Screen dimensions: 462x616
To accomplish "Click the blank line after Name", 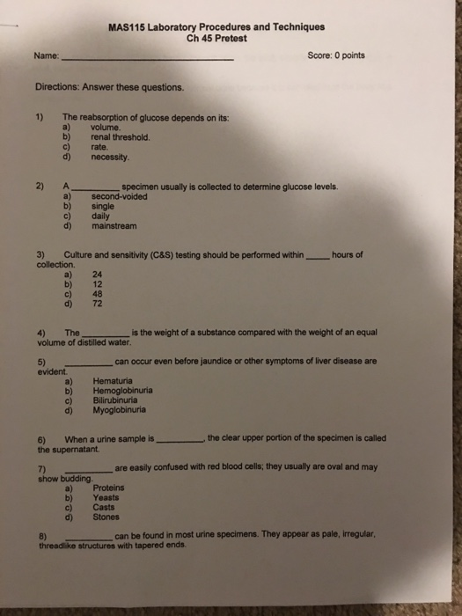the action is click(150, 59).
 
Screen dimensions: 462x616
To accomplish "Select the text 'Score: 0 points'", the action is click(336, 55).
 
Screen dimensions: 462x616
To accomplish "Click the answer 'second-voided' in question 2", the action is click(120, 196).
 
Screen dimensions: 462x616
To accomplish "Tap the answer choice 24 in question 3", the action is click(98, 275).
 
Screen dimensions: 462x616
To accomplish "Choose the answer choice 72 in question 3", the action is click(98, 304).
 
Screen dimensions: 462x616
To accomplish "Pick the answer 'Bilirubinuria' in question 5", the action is click(119, 400).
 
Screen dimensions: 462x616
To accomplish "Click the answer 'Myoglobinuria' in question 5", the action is click(121, 409).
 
